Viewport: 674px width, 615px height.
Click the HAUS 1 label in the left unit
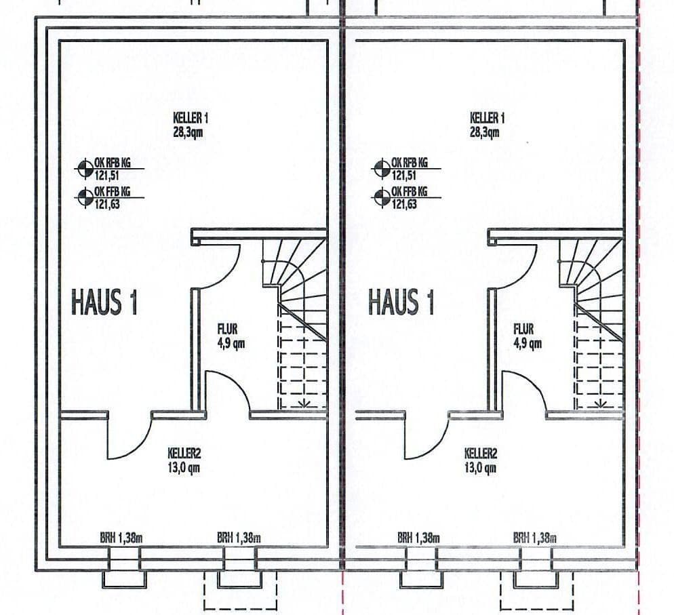click(x=104, y=302)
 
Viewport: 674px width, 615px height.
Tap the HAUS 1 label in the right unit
click(x=401, y=302)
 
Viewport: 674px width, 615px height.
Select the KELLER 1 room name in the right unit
click(x=487, y=118)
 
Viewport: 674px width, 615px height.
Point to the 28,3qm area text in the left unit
click(x=188, y=132)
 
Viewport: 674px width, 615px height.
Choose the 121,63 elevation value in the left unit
click(x=108, y=204)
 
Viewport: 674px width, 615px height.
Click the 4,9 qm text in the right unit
click(x=527, y=343)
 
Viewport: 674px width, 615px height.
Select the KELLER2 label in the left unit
click(x=184, y=454)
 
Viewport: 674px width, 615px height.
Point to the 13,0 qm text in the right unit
click(x=480, y=467)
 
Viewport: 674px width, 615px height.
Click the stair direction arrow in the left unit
click(x=303, y=403)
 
